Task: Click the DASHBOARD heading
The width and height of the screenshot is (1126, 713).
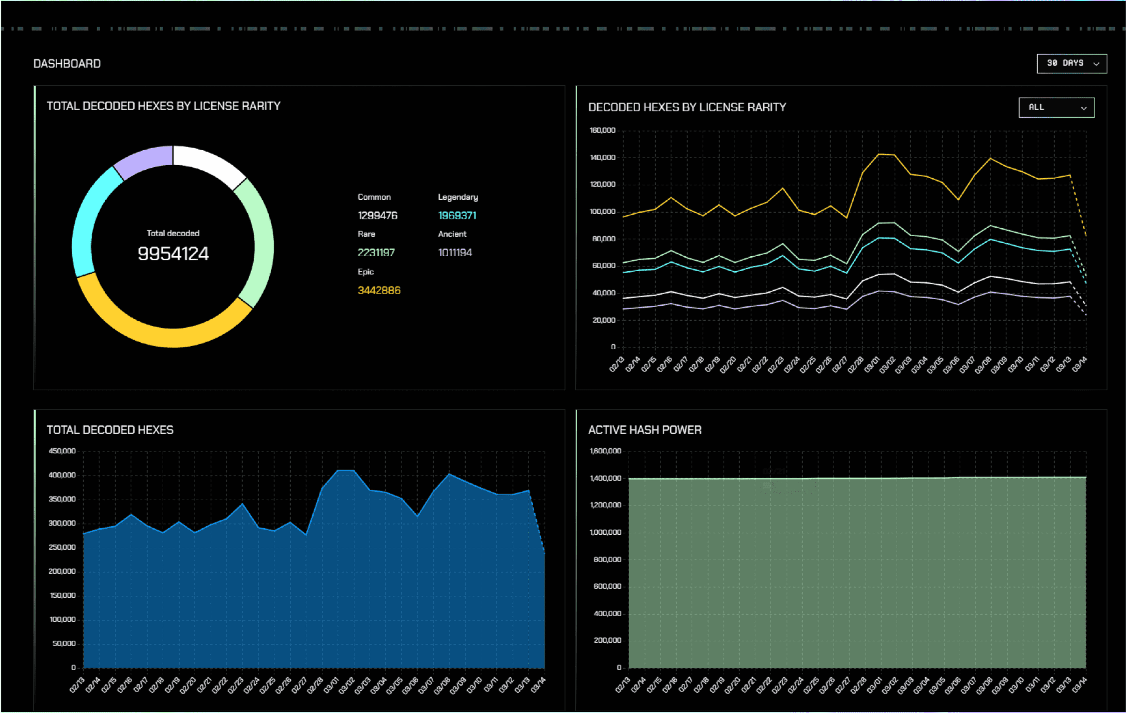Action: pos(67,64)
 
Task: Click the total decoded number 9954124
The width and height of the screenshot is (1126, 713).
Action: pos(173,254)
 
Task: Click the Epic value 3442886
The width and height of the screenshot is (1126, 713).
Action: pos(379,290)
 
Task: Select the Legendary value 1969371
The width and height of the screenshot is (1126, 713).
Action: pos(457,215)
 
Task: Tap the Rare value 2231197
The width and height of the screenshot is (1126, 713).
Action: pos(376,253)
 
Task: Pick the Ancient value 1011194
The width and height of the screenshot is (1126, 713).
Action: pos(454,253)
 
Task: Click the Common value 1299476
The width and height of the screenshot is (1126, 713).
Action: pos(377,215)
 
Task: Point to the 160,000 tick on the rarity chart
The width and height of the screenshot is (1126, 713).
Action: pos(602,131)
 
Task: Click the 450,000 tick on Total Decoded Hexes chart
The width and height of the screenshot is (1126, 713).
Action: pos(62,451)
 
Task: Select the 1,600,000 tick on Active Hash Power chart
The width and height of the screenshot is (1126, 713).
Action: pos(605,451)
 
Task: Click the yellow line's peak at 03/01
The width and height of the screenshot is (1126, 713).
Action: pos(879,154)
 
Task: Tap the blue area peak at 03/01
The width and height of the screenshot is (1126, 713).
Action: pos(339,470)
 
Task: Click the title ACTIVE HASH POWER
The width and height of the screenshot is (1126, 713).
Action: pos(644,430)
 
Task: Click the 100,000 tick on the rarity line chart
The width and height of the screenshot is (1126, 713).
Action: pos(602,212)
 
